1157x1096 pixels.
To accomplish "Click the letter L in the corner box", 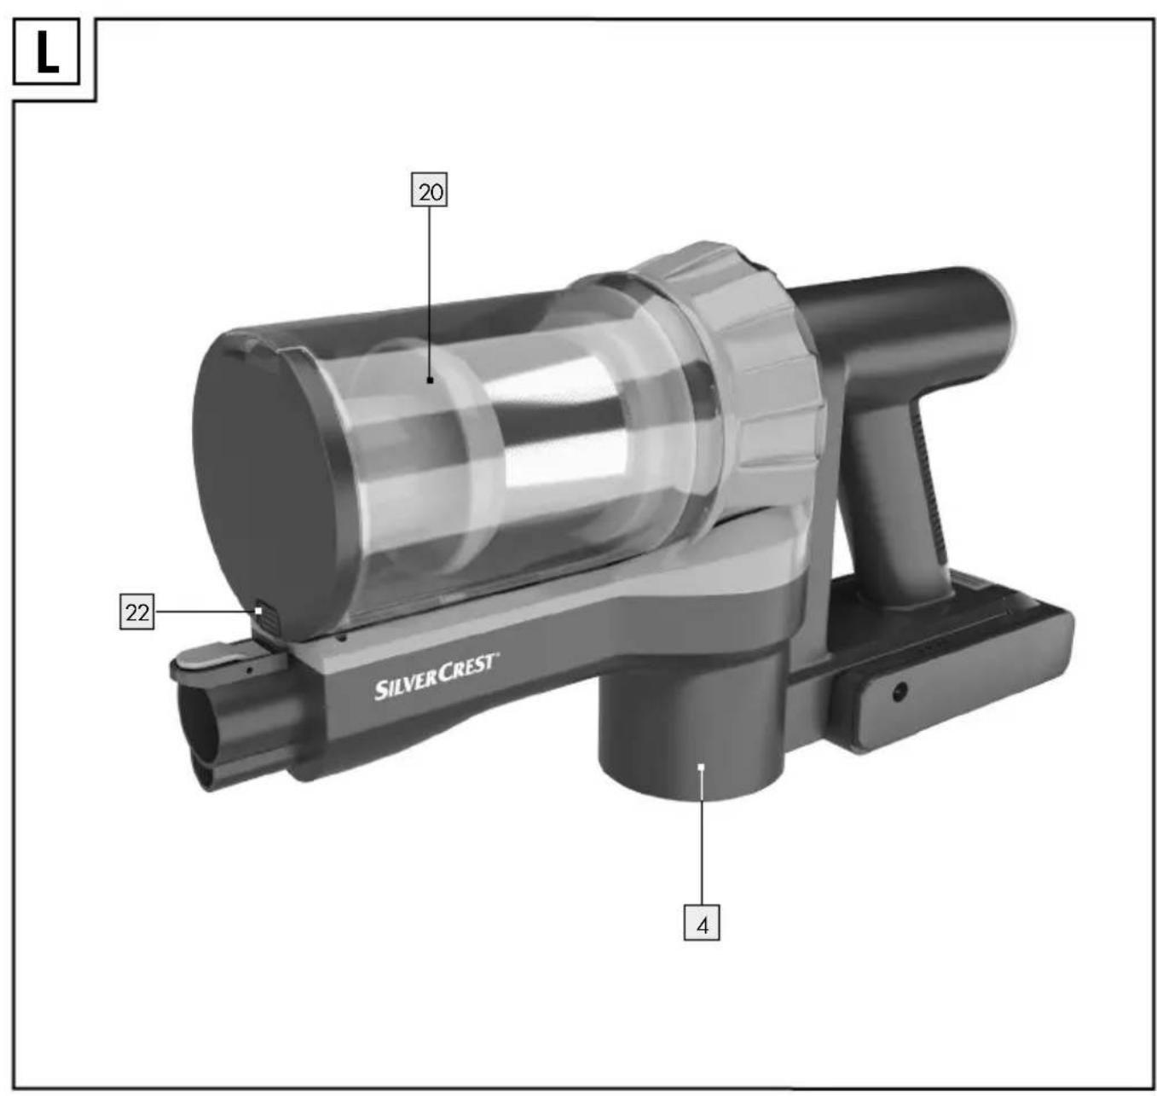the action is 48,52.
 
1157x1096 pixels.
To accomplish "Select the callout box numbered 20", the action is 429,189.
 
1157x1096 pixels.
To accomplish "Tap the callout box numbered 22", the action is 137,612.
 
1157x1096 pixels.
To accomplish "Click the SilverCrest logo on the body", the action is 437,676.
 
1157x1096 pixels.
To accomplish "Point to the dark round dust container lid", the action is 265,480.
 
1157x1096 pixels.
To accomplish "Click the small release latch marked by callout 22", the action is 269,616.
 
